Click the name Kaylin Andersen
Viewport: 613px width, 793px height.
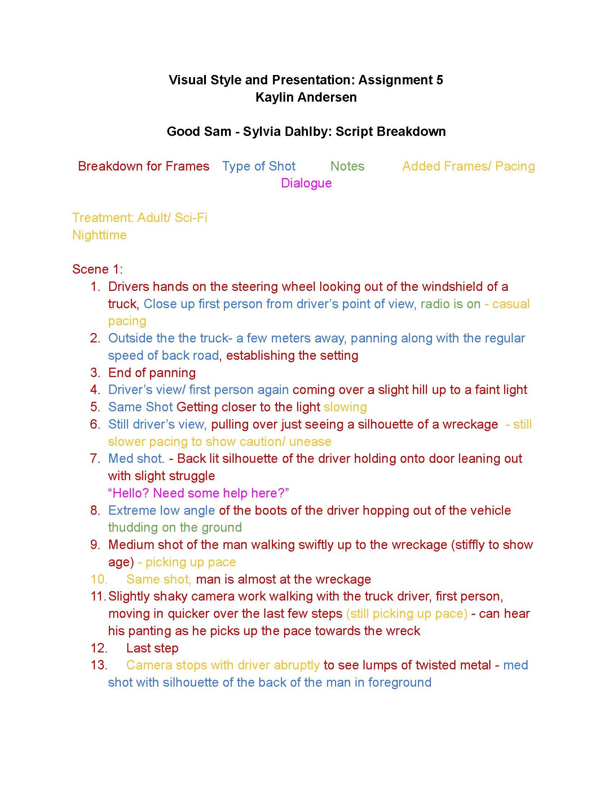click(x=306, y=97)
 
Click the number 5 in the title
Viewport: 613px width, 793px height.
click(x=440, y=80)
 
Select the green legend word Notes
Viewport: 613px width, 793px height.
click(x=347, y=166)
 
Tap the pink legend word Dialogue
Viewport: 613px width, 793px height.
click(x=306, y=183)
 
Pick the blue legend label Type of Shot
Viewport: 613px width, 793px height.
click(x=259, y=166)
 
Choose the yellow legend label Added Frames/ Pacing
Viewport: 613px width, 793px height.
click(x=468, y=166)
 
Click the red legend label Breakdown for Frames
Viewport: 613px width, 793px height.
click(x=144, y=166)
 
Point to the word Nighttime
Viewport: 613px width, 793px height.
click(x=99, y=235)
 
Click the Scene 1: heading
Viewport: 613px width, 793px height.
click(x=97, y=269)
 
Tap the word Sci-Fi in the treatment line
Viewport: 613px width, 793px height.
click(x=191, y=217)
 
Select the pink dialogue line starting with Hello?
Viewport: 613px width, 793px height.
click(x=198, y=493)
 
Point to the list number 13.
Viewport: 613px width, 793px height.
click(x=98, y=665)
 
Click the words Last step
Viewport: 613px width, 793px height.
click(x=152, y=648)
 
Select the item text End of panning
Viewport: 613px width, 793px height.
click(x=152, y=373)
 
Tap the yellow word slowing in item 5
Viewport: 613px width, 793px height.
click(x=345, y=407)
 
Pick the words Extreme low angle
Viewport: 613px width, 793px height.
click(x=162, y=510)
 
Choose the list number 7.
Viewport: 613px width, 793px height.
click(x=95, y=458)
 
